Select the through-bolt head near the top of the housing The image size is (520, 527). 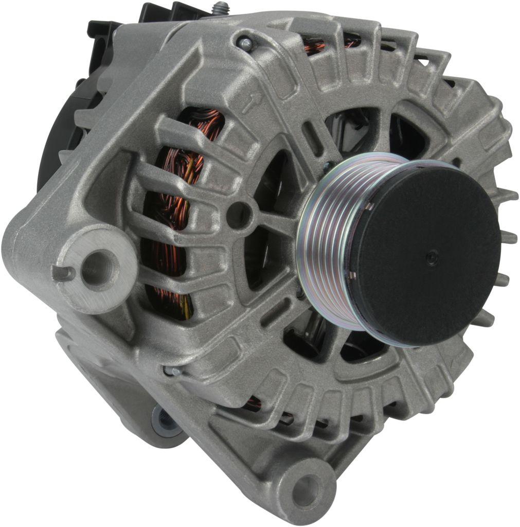tap(245, 44)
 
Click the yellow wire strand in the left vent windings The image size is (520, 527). tap(185, 309)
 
